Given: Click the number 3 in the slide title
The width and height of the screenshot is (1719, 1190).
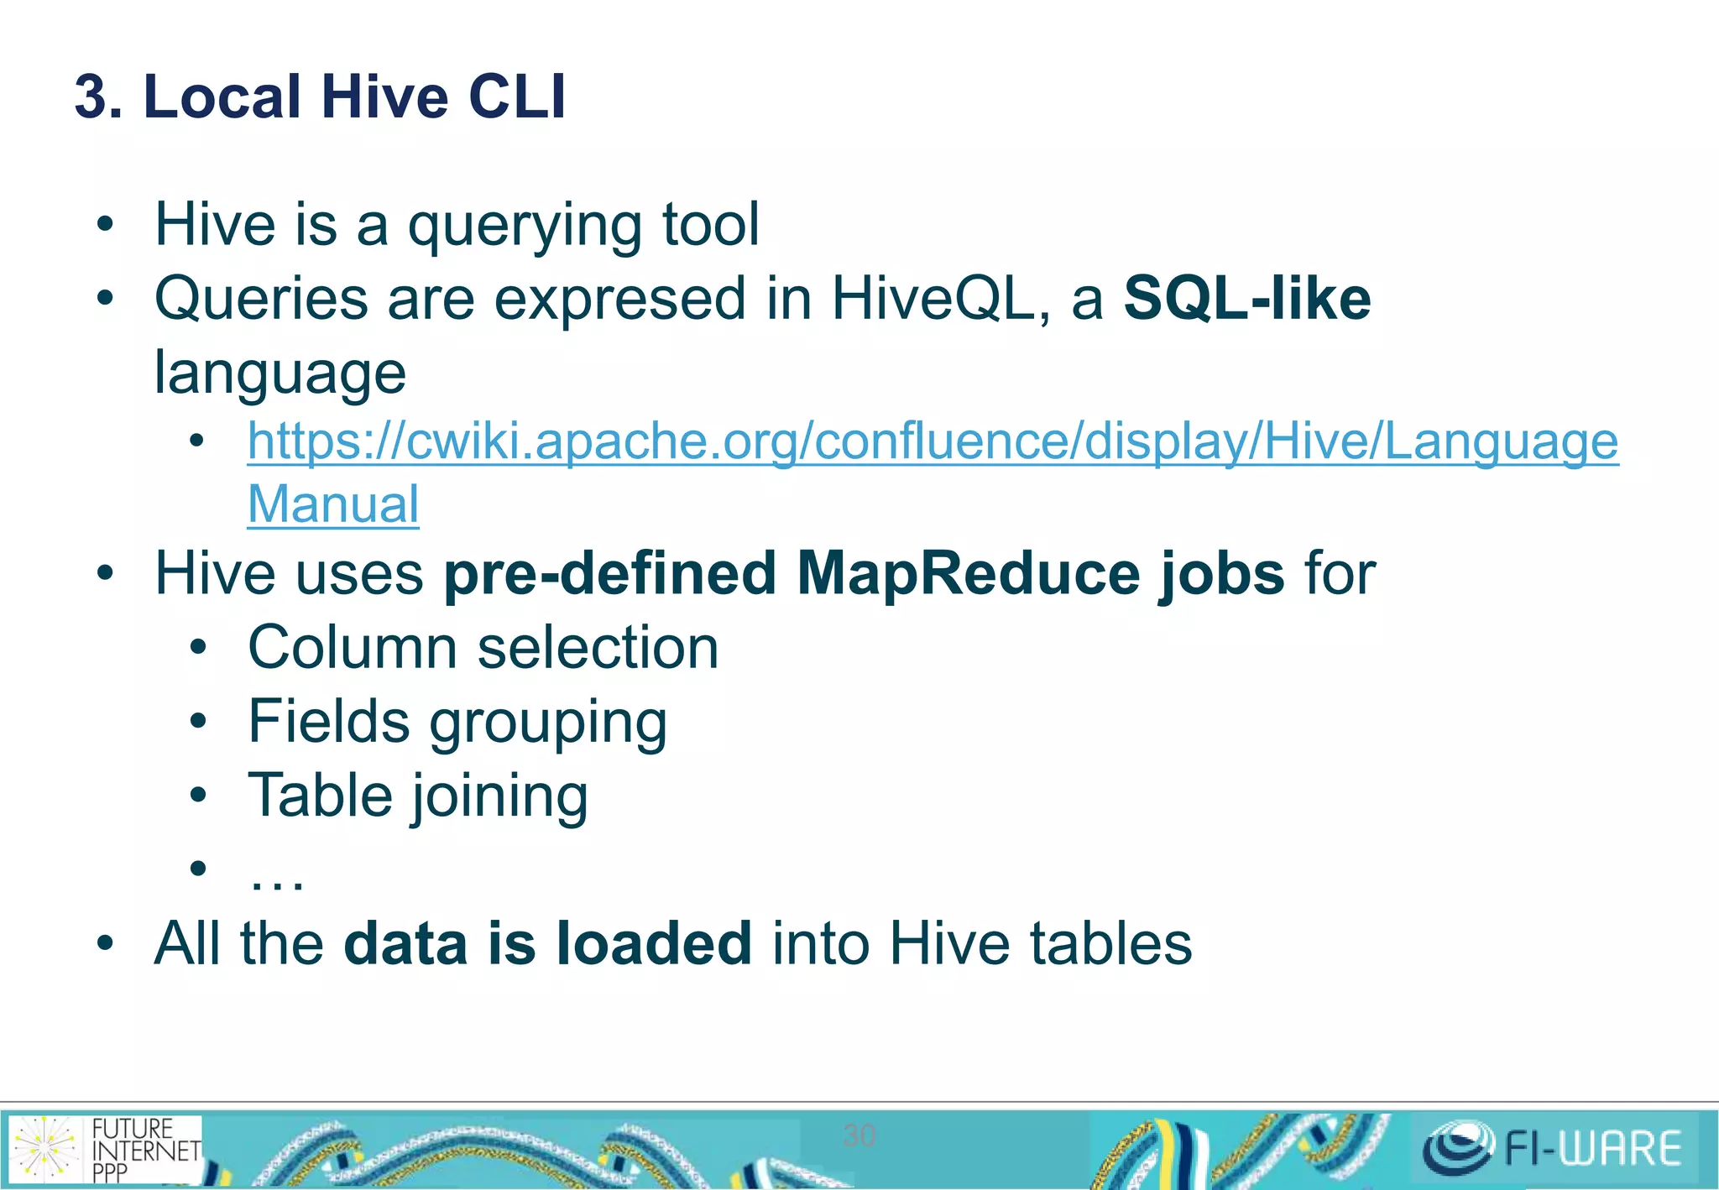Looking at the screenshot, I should point(92,97).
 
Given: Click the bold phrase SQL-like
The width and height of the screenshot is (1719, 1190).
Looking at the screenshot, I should point(1247,299).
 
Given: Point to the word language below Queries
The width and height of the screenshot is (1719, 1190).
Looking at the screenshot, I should point(280,373).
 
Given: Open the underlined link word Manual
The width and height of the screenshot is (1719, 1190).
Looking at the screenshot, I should point(333,504).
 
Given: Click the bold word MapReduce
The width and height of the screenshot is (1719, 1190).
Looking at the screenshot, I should point(968,574).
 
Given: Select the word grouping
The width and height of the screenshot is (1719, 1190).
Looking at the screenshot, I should point(548,723).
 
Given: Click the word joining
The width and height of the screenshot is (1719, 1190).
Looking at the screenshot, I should point(500,796).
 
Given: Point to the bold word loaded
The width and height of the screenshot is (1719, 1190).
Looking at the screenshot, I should point(654,943).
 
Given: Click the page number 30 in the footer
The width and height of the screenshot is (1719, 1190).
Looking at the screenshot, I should point(859,1135).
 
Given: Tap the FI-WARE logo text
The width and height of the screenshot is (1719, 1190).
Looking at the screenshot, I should point(1593,1148).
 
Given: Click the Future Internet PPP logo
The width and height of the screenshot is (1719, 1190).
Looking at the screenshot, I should point(106,1149).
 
